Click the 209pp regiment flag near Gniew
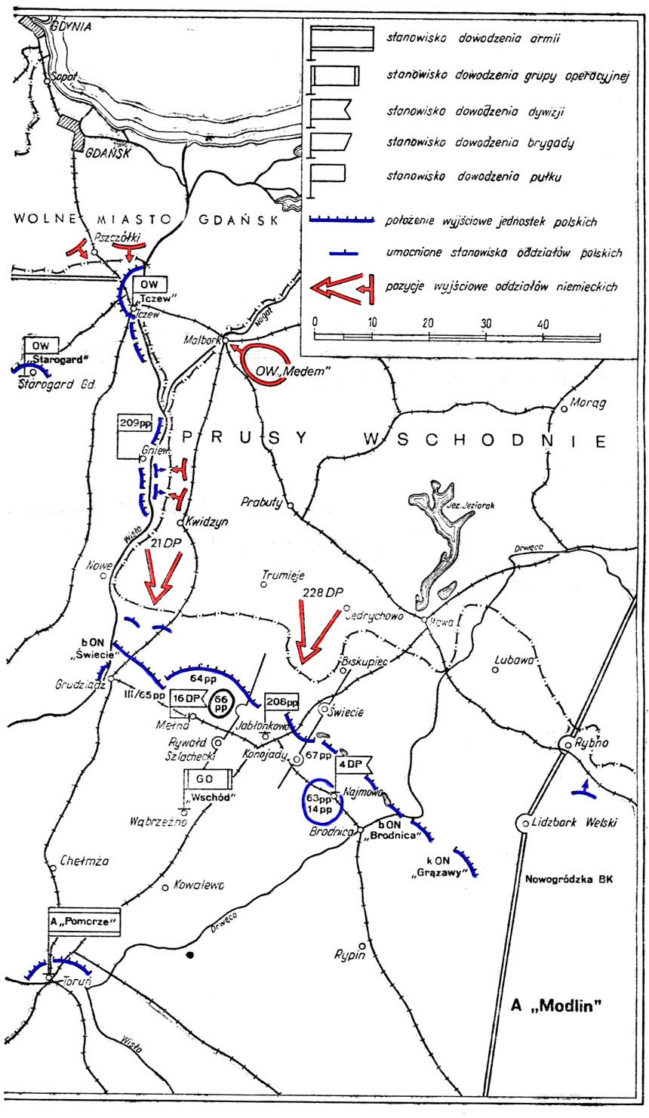(x=134, y=424)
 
